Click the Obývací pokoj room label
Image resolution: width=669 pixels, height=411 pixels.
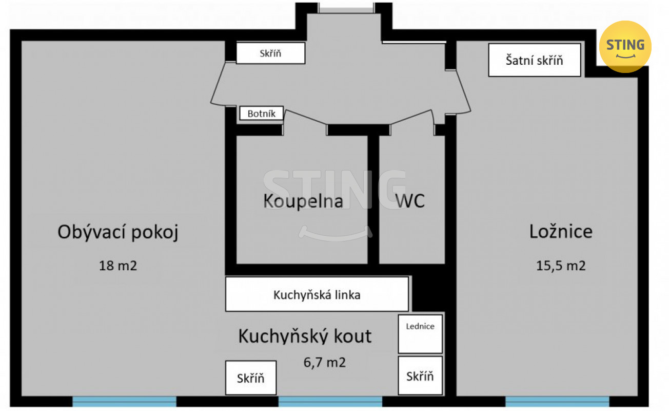[x=118, y=232]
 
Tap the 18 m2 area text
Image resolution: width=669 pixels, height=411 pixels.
[x=118, y=266]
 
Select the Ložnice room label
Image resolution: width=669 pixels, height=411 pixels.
[x=561, y=232]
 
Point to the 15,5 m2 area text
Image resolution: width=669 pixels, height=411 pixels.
[x=561, y=266]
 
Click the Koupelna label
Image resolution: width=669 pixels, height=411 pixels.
[x=303, y=201]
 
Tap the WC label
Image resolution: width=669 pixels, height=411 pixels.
[x=410, y=201]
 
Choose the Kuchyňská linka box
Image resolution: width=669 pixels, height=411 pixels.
[x=317, y=294]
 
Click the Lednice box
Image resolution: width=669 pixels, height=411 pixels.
[x=420, y=334]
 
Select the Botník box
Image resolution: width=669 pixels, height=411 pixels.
[x=261, y=114]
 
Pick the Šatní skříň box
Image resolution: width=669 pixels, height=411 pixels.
[x=535, y=60]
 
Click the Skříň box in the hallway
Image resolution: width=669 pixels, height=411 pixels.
[x=270, y=53]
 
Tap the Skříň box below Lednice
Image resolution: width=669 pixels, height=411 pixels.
[x=420, y=376]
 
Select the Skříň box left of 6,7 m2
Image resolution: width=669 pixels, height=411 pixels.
[x=251, y=378]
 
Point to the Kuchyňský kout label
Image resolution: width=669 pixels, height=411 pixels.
[x=305, y=337]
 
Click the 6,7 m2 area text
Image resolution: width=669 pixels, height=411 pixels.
[x=325, y=363]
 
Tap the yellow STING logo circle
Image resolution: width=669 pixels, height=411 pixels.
[x=625, y=47]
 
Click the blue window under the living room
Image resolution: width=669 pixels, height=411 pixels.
[x=124, y=401]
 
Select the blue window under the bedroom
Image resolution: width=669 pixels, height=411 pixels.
[x=557, y=401]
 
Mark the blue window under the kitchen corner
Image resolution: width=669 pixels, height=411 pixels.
[x=330, y=401]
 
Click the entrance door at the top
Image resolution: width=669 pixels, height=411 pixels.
[x=346, y=8]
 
